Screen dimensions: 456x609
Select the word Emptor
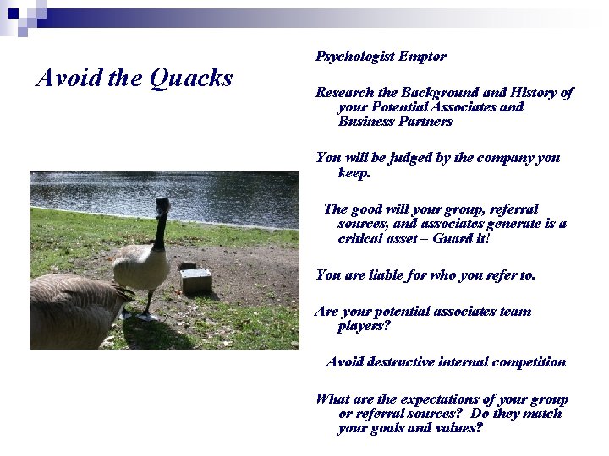422,57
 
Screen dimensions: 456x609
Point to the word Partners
424,122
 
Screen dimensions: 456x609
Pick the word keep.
354,172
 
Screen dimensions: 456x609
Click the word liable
390,275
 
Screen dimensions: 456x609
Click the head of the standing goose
162,205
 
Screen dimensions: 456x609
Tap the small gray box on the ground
195,280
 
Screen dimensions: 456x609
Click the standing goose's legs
148,304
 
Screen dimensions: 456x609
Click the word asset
412,239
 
